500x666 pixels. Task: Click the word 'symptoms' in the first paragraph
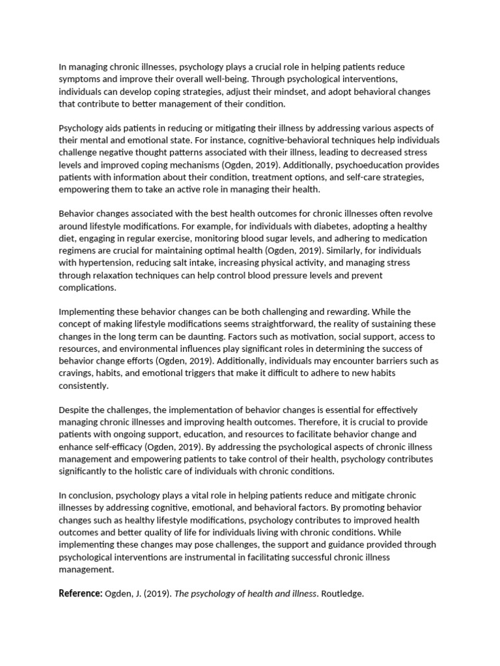[x=79, y=79]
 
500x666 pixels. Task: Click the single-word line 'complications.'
[x=87, y=287]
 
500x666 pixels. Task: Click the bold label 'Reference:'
[x=80, y=593]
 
